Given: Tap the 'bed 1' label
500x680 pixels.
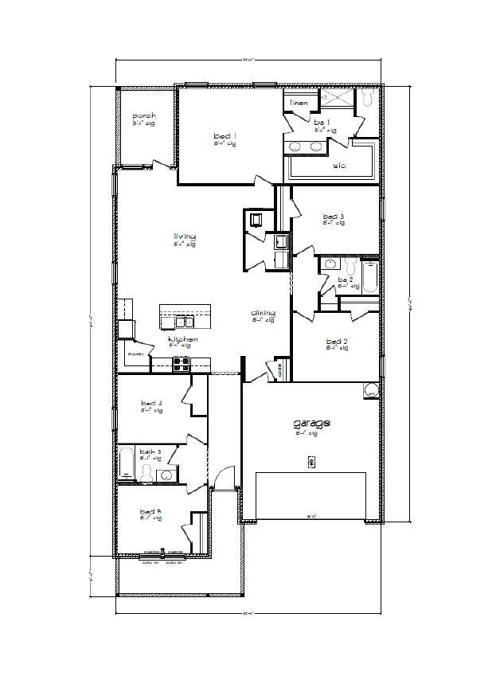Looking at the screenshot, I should (225, 137).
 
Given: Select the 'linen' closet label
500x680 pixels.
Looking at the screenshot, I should (299, 103).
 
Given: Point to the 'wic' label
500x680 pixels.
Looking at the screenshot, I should (338, 167).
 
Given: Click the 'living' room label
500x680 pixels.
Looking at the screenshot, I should (185, 236).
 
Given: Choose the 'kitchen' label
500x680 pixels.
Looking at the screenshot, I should (179, 340).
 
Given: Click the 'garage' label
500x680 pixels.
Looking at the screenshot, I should (311, 424).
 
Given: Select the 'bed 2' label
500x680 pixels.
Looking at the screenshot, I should (337, 342).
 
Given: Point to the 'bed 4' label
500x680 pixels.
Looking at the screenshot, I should (151, 404).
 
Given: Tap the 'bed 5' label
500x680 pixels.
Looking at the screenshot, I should (150, 511).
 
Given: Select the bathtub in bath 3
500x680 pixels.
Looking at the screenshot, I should (127, 463).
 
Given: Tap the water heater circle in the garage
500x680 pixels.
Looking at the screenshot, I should (370, 392).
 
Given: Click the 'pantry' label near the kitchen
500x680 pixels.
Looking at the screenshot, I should (135, 352).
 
